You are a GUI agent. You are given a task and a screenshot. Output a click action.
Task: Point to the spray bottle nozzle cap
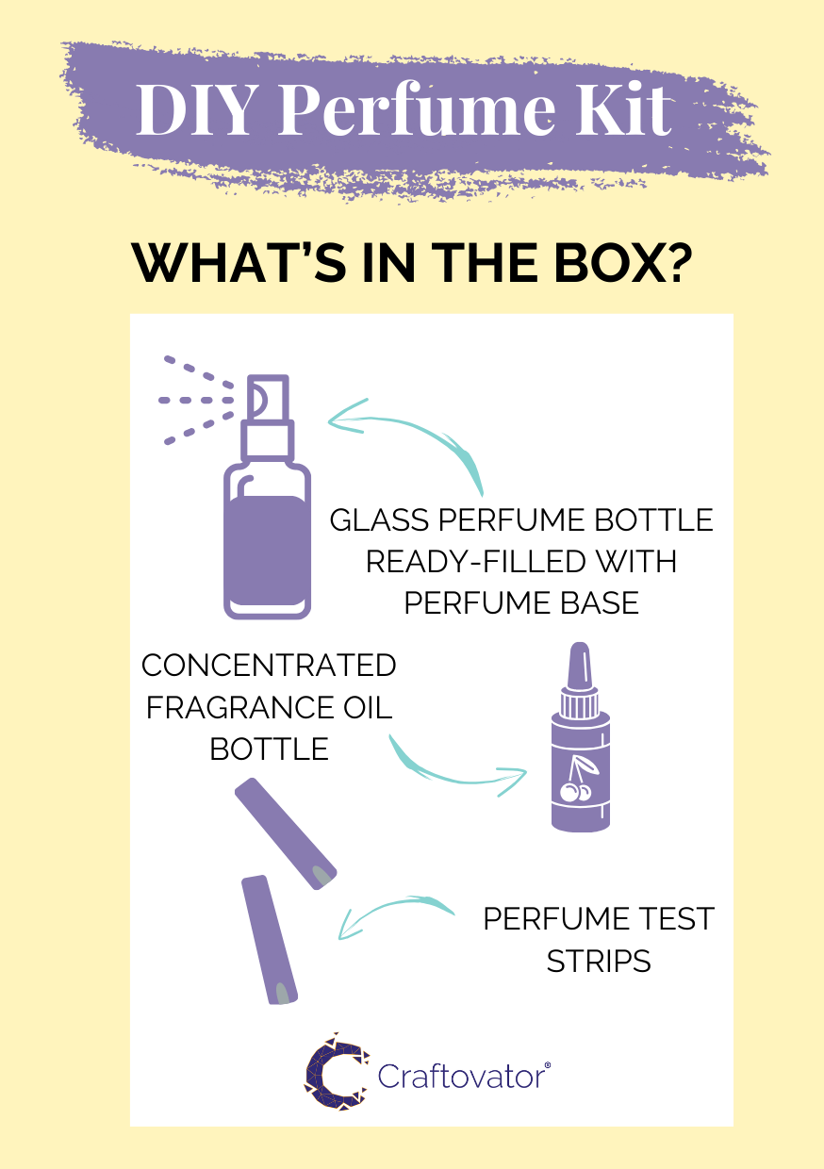pos(268,397)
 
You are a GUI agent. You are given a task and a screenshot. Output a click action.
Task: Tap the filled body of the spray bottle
pos(267,551)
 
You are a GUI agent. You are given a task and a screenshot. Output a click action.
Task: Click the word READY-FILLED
pos(476,562)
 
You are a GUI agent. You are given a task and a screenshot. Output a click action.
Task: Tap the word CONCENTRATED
pos(269,666)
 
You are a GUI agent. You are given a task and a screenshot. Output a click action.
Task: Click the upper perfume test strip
pos(286,833)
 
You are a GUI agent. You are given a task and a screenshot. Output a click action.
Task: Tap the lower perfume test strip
pos(270,939)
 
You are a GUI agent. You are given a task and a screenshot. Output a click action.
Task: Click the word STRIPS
pos(599,962)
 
